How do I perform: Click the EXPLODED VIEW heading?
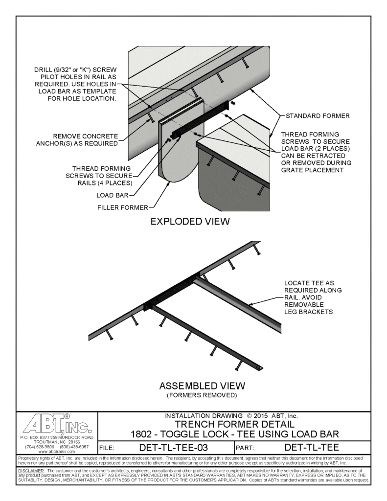coord(190,222)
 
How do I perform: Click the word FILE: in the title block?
coord(107,447)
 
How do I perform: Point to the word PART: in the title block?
coord(245,447)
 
